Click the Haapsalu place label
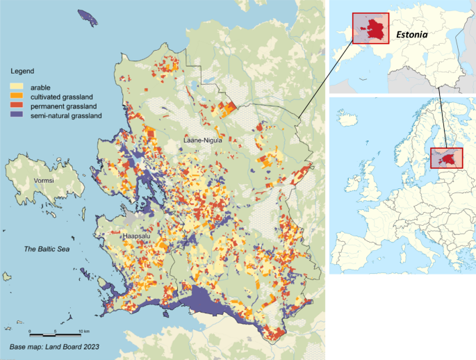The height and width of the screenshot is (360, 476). [x=137, y=236]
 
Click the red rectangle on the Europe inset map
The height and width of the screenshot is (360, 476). [x=442, y=158]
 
